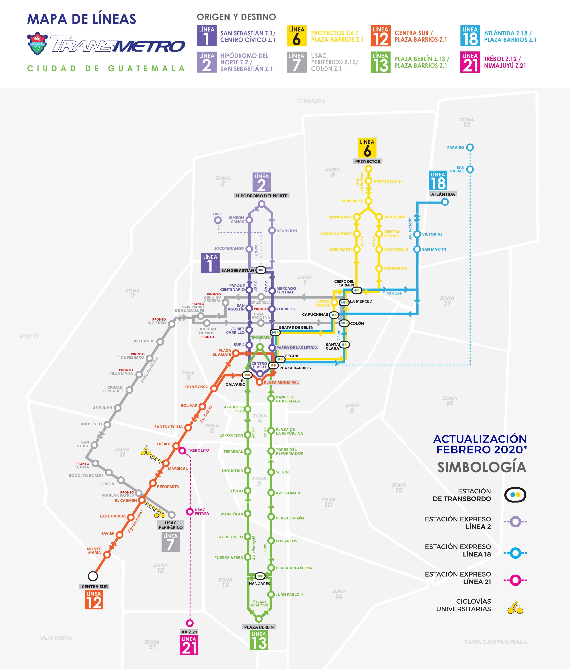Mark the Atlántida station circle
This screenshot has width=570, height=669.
click(x=445, y=202)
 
